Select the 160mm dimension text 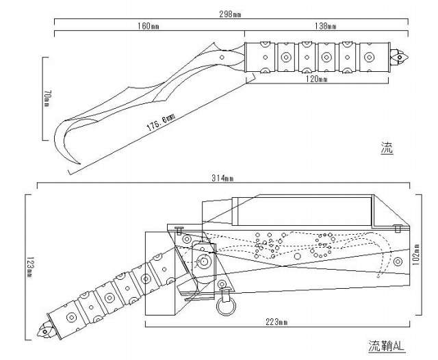click(x=149, y=27)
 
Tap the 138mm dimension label click(x=326, y=27)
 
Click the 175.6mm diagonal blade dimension click(x=160, y=123)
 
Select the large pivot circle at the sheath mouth click(x=204, y=262)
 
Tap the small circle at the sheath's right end click(x=398, y=261)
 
